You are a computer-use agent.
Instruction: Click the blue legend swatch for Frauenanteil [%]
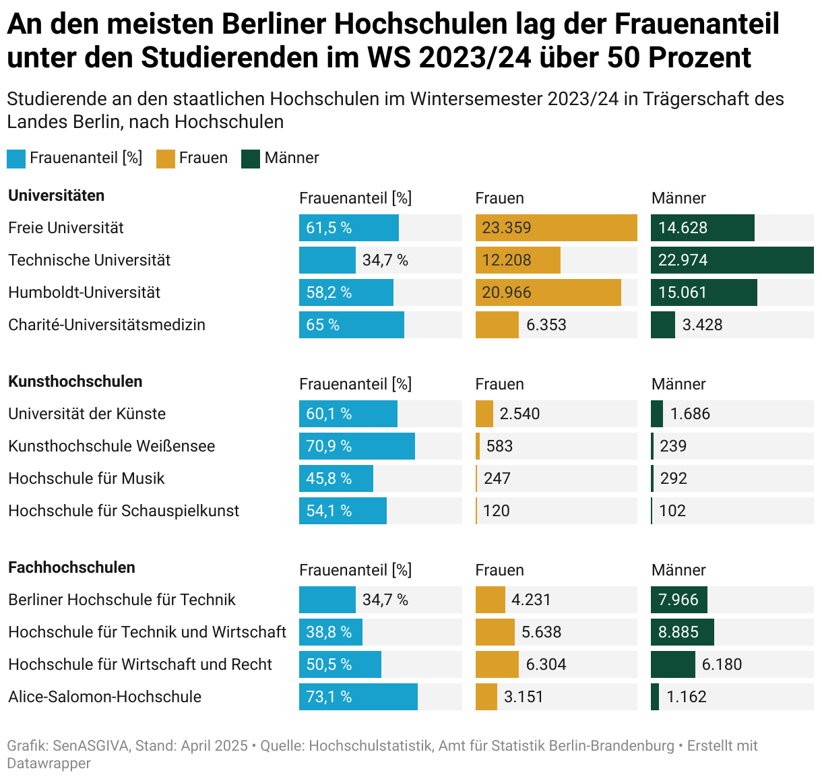click(x=16, y=159)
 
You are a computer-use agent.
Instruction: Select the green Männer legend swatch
click(x=251, y=159)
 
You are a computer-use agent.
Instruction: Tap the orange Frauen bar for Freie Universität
click(x=556, y=228)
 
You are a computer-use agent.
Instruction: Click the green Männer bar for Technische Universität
click(x=732, y=260)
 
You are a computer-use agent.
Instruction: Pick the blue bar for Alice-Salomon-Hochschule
click(x=358, y=697)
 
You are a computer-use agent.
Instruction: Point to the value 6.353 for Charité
click(x=546, y=325)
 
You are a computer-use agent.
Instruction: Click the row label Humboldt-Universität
click(x=84, y=292)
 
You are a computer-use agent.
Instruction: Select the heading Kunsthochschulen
click(x=75, y=381)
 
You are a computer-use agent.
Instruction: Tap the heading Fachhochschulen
click(x=71, y=567)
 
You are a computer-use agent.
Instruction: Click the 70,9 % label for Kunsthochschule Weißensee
click(x=329, y=446)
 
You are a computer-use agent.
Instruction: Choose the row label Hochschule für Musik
click(x=86, y=478)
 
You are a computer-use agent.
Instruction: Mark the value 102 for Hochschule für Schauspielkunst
click(x=672, y=511)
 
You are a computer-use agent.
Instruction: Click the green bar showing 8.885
click(x=682, y=632)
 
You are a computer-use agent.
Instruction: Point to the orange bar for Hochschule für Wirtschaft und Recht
click(x=497, y=664)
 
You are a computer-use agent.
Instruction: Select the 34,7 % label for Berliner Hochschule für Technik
click(x=385, y=600)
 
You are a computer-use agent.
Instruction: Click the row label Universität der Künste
click(x=87, y=414)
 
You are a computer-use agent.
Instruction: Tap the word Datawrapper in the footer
click(x=49, y=764)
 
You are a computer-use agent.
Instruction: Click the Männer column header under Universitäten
click(x=678, y=198)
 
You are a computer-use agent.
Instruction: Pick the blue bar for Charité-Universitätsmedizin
click(x=351, y=325)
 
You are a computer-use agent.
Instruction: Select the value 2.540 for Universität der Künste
click(x=519, y=414)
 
